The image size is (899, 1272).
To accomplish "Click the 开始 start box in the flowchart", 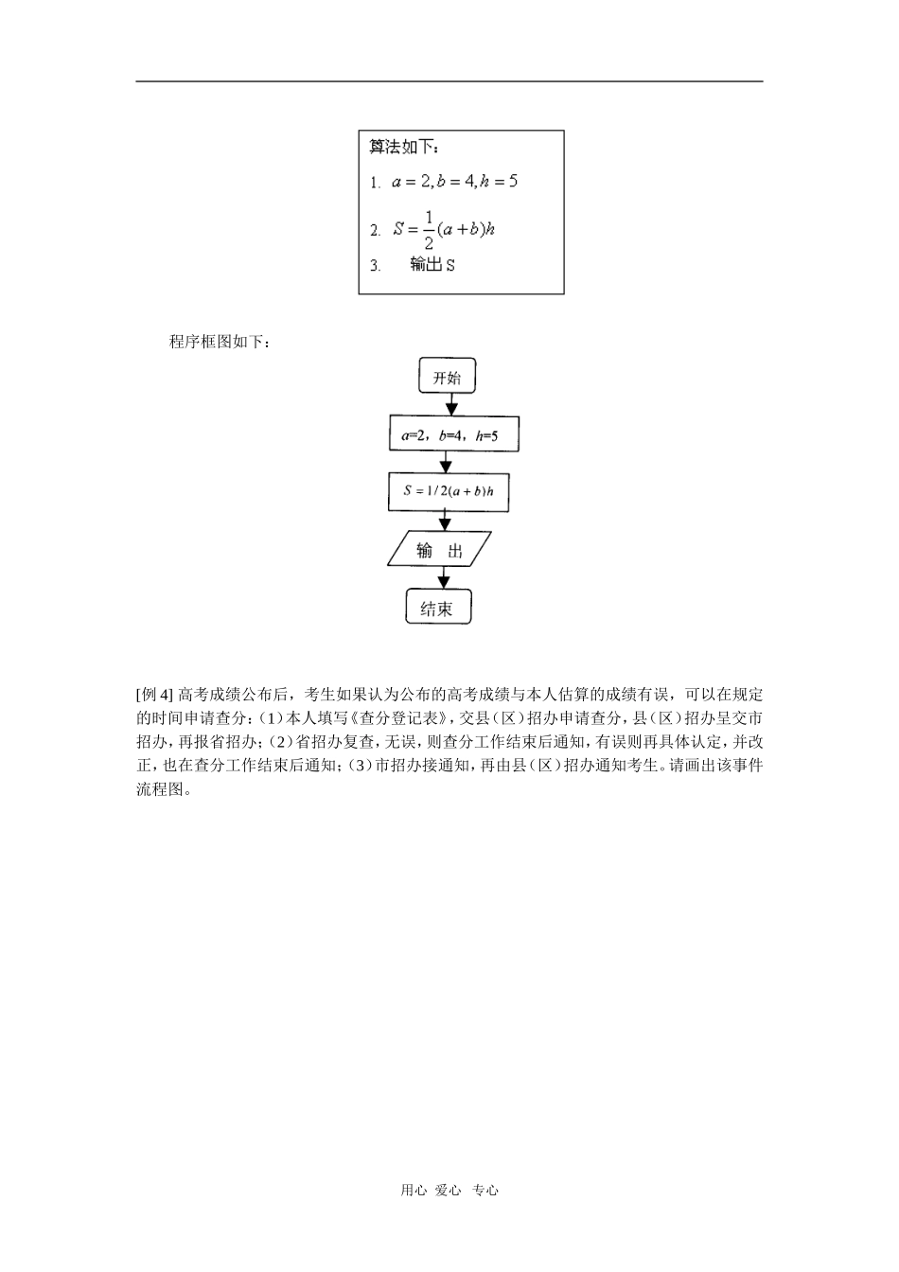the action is coord(447,377).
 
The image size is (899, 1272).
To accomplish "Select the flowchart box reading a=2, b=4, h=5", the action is coord(453,435).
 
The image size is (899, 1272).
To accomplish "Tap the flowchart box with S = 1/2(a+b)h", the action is coord(449,492).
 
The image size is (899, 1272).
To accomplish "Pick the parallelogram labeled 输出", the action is coord(440,550).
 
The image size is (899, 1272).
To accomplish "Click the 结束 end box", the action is coord(437,609).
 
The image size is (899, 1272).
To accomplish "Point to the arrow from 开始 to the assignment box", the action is coord(451,404).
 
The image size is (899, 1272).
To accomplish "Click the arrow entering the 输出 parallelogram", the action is coord(444,521).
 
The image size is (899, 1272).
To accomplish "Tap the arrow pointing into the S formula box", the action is coord(446,463).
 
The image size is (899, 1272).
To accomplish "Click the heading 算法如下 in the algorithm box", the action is coord(403,147).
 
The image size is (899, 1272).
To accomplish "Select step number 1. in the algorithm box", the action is coord(376,182).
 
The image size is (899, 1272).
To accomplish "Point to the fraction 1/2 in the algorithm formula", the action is coord(428,229).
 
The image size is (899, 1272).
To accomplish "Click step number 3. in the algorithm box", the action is coord(376,266).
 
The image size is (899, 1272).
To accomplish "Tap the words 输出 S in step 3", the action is coord(432,265).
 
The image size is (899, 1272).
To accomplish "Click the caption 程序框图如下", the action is coord(220,341).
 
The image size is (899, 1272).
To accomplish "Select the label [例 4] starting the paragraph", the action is coord(155,694).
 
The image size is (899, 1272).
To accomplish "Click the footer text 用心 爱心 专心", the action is coord(449,1191).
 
